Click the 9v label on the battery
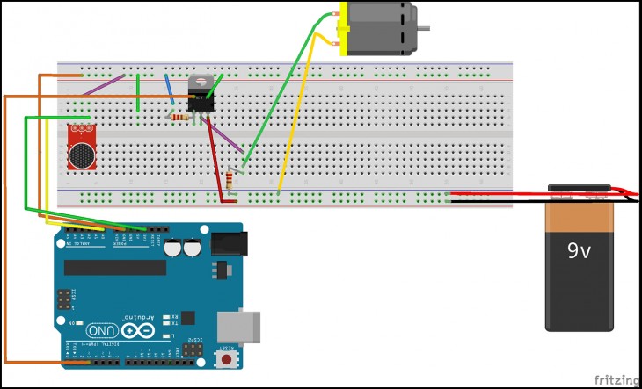pyautogui.click(x=578, y=252)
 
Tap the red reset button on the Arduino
pyautogui.click(x=229, y=359)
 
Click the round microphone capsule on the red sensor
pyautogui.click(x=83, y=155)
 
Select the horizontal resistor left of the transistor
pyautogui.click(x=181, y=117)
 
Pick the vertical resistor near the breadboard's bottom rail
pyautogui.click(x=230, y=180)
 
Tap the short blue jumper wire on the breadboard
pyautogui.click(x=169, y=90)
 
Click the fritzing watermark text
pyautogui.click(x=616, y=379)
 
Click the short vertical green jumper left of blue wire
pyautogui.click(x=139, y=92)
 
